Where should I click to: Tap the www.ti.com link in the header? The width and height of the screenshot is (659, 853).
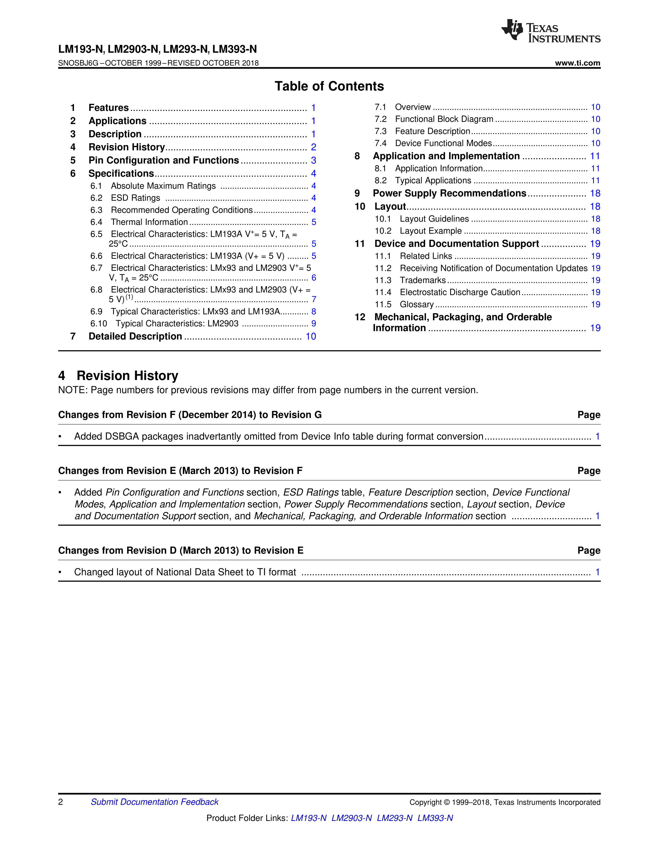tap(577, 63)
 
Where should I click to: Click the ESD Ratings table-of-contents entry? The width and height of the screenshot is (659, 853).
tap(135, 198)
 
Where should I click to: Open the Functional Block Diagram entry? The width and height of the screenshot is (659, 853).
tap(444, 119)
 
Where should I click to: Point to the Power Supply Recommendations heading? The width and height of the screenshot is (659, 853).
tap(449, 193)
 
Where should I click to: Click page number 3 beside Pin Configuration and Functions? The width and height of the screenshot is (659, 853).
tap(313, 160)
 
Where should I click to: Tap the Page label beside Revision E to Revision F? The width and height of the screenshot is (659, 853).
tap(589, 471)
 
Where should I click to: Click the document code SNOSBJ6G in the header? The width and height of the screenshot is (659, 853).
tap(78, 63)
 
